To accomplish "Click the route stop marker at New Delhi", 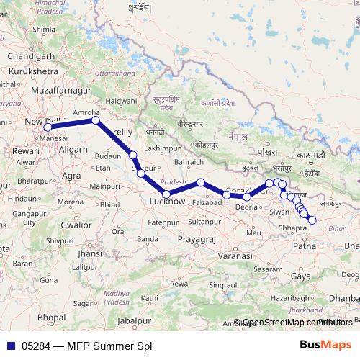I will point(48,127).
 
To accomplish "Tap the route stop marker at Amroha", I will point(95,121).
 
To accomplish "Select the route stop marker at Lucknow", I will point(166,194).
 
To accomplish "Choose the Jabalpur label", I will point(136,320).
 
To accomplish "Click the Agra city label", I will point(71,175).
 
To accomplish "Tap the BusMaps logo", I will point(325,345).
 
